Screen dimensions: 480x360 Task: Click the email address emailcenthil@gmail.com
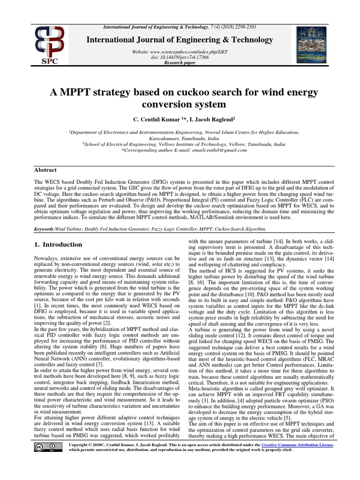[215, 150]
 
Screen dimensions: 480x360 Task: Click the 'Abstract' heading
[45, 170]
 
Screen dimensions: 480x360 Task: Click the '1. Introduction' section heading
[59, 244]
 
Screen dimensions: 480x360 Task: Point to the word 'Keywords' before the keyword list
[45, 229]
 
